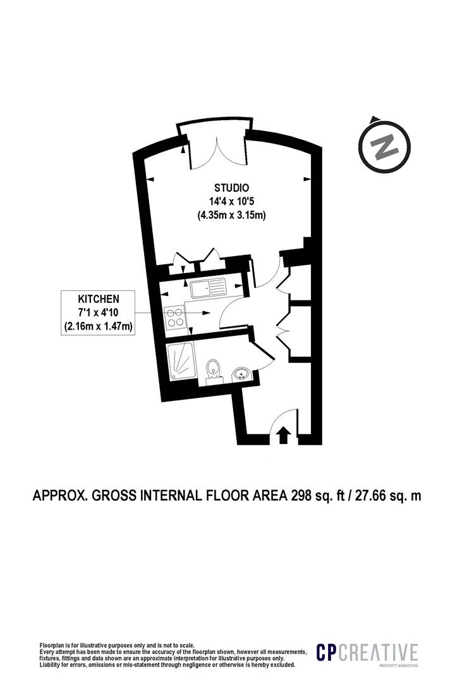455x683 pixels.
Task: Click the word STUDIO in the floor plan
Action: point(231,188)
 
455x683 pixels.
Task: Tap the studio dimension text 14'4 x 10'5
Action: point(231,202)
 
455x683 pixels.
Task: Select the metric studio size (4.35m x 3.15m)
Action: point(231,216)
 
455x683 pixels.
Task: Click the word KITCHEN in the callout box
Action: point(98,298)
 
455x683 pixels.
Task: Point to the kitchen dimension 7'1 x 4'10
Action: point(98,312)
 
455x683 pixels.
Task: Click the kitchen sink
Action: point(209,288)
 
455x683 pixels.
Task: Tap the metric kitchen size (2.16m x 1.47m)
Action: point(98,326)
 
